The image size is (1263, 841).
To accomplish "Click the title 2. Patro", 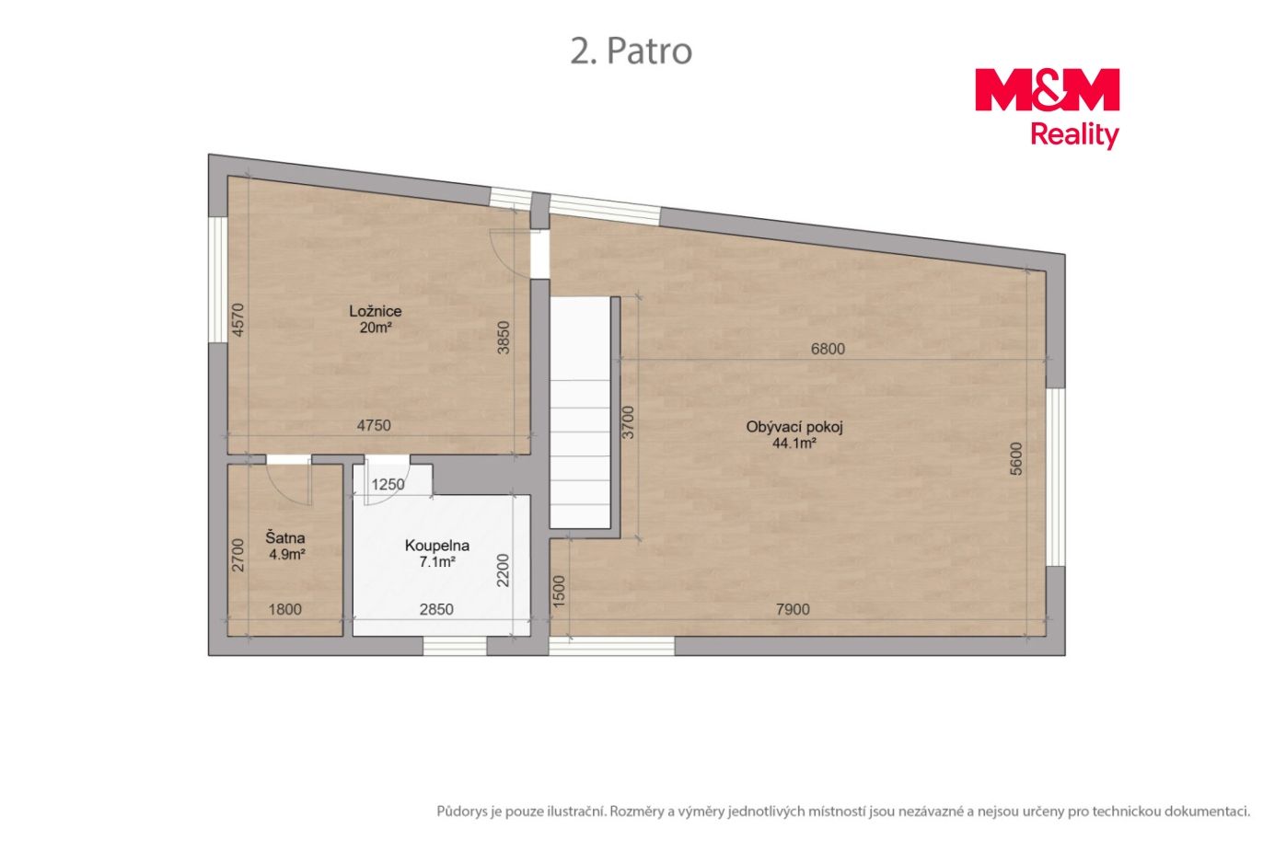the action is click(631, 52).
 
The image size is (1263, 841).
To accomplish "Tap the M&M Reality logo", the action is click(1047, 109).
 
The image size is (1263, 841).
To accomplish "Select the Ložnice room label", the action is click(375, 311).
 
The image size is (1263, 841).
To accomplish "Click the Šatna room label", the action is click(285, 537).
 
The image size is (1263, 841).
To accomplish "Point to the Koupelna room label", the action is click(437, 546).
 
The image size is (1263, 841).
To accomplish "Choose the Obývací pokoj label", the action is click(794, 427).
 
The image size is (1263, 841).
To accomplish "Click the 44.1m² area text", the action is click(794, 444).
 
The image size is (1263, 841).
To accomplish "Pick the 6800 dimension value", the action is click(828, 349).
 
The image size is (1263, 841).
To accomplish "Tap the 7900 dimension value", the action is click(793, 609).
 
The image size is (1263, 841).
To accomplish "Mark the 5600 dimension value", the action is click(1015, 459).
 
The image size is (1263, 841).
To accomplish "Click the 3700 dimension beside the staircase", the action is click(628, 422).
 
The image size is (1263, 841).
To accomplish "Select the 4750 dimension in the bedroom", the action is click(374, 426).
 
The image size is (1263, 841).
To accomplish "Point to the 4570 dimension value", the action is click(238, 320).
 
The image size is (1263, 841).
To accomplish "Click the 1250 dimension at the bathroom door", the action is click(388, 485).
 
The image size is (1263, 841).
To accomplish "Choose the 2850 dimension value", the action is click(436, 609).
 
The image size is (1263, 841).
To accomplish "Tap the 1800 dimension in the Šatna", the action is click(284, 609).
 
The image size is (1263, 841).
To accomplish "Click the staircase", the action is click(580, 412).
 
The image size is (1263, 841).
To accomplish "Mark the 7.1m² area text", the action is click(437, 562).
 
